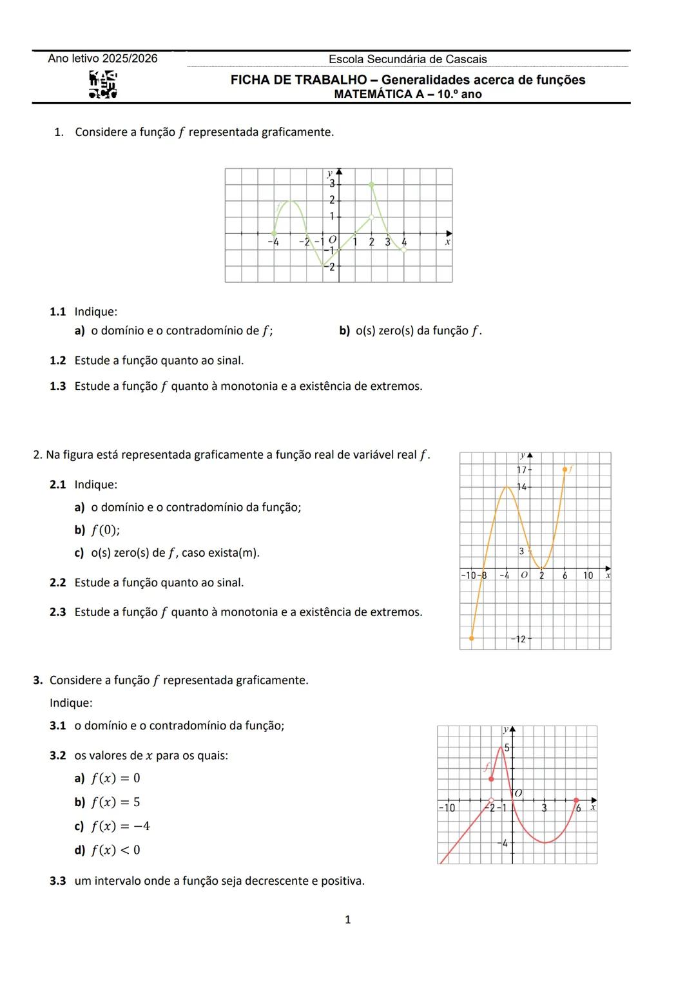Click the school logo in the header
click(103, 85)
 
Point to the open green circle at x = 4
click(404, 250)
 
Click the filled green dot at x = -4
click(274, 233)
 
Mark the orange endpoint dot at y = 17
click(565, 470)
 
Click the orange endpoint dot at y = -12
click(472, 638)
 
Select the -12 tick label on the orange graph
click(519, 639)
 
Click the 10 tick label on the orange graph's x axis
click(588, 575)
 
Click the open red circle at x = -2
click(491, 800)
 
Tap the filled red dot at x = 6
click(576, 800)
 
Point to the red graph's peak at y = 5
click(501, 748)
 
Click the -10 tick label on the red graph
click(447, 807)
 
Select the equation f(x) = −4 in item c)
click(120, 826)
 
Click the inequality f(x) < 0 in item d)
click(115, 850)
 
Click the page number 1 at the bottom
click(348, 920)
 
